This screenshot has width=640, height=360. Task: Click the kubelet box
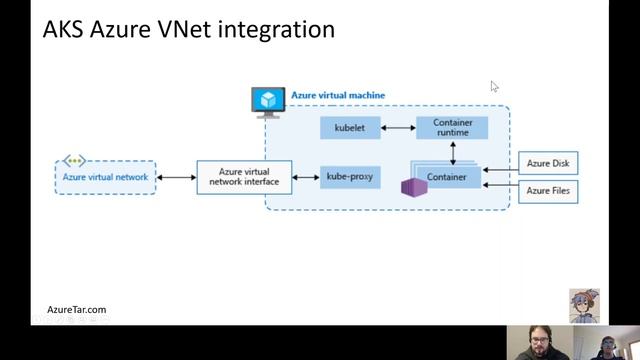click(350, 128)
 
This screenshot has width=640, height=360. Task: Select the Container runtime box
click(452, 127)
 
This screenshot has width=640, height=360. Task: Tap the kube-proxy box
click(350, 178)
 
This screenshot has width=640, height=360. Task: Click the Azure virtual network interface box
click(243, 178)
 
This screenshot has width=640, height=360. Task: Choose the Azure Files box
click(547, 189)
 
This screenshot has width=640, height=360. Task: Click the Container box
click(447, 178)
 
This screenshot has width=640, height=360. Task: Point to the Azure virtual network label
click(105, 178)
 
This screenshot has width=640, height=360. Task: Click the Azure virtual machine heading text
click(337, 96)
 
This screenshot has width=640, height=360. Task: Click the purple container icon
click(410, 187)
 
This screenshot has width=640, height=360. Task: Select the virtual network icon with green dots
click(75, 161)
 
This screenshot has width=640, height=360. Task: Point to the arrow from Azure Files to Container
click(499, 185)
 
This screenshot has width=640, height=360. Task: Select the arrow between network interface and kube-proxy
click(306, 178)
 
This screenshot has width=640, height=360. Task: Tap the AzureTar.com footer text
click(76, 310)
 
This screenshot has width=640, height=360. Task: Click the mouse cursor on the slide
click(494, 87)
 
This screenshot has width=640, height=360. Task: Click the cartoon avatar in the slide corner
click(584, 305)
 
